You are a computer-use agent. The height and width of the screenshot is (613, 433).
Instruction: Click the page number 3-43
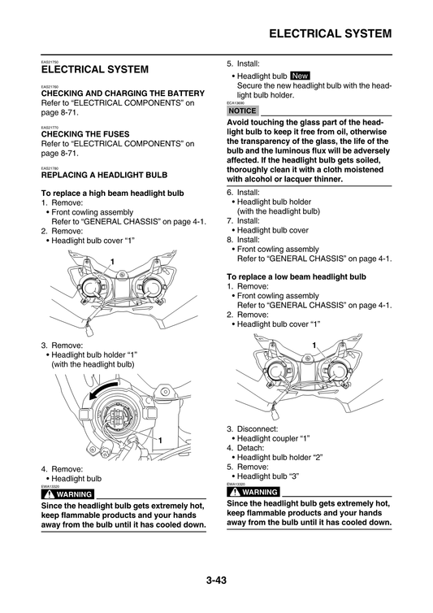point(216,580)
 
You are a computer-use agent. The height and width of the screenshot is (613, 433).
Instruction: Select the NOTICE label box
point(242,111)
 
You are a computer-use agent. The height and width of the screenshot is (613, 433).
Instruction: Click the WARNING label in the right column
point(253,492)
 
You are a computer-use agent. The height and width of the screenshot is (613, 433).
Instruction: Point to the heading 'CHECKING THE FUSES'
point(85,134)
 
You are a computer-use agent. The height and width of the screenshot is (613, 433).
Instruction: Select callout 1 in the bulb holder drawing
point(160,440)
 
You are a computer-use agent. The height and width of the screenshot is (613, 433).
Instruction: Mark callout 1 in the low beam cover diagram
point(314,346)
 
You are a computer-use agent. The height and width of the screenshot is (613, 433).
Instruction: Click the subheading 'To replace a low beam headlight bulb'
point(296,276)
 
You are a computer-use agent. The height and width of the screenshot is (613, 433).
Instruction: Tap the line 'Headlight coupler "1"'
point(273,438)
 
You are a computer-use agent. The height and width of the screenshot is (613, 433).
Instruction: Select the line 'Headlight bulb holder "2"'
point(279,457)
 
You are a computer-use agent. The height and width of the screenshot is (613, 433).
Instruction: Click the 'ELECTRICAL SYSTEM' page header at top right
point(330,33)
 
